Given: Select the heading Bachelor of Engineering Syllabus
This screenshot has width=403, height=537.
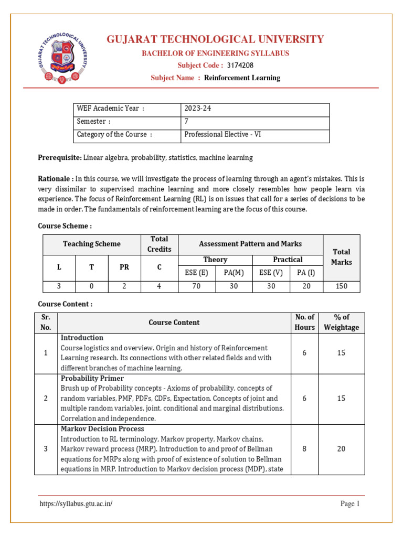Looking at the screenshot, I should click(215, 53).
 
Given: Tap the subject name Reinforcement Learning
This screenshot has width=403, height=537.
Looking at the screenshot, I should click(242, 78).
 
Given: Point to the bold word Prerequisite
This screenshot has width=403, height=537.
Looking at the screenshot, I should click(60, 157).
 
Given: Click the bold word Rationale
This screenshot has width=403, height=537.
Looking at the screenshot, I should click(55, 178).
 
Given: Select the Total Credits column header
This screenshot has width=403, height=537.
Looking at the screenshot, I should click(159, 244).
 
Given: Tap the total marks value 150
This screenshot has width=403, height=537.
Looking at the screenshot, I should click(342, 286).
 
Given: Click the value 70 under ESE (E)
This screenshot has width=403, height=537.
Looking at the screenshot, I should click(197, 286).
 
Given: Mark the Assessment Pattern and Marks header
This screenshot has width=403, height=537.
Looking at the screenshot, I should click(250, 244).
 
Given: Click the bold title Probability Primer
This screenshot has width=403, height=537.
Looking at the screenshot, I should click(92, 378).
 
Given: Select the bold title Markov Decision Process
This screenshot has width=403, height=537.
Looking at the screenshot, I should click(102, 429).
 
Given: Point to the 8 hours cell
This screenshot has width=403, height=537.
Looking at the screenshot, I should click(304, 449).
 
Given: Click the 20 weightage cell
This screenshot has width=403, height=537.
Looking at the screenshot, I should click(341, 449).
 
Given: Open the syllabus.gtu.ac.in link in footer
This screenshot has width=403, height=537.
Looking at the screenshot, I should click(76, 504).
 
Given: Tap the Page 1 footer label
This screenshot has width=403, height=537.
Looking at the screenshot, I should click(350, 504).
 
